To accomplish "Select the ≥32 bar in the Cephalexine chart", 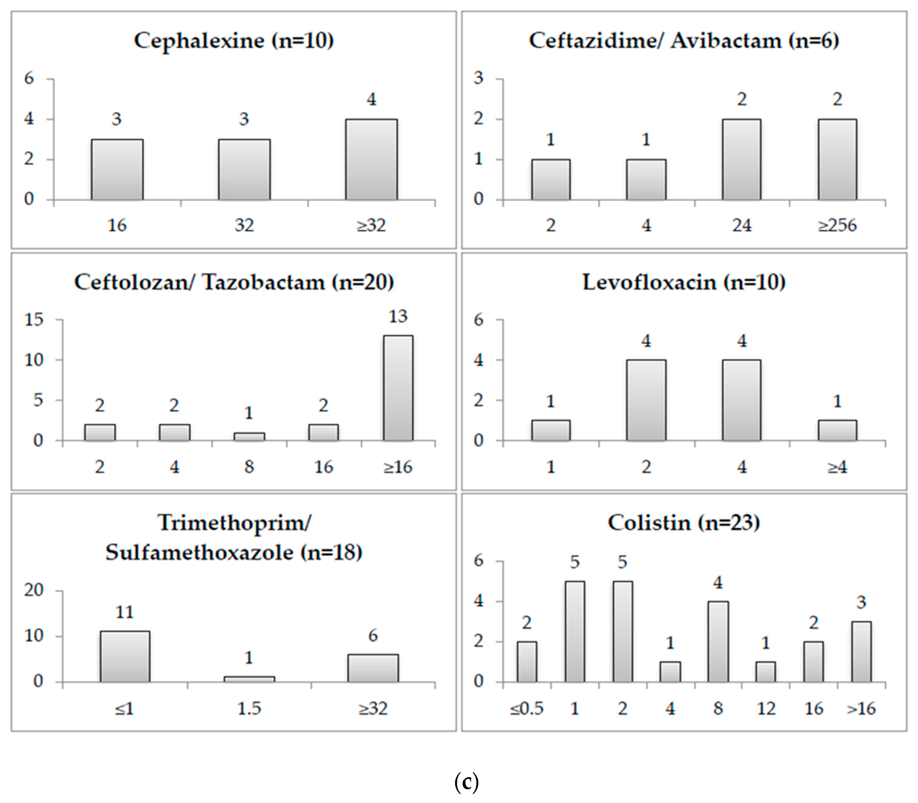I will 371,160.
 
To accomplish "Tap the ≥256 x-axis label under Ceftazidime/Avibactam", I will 837,225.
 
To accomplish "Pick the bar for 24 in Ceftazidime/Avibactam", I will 741,160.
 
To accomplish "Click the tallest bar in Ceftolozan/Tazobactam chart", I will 398,388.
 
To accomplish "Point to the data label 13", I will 398,316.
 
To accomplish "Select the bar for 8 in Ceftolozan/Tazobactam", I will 249,436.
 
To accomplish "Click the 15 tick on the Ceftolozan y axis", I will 34,319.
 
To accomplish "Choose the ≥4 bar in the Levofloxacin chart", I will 837,430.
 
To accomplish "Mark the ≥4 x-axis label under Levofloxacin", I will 837,467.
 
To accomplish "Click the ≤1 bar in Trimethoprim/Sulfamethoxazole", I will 125,657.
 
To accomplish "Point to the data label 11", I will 125,612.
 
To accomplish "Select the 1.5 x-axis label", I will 249,708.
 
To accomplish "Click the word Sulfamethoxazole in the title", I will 199,552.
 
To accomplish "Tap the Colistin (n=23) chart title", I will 684,523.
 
